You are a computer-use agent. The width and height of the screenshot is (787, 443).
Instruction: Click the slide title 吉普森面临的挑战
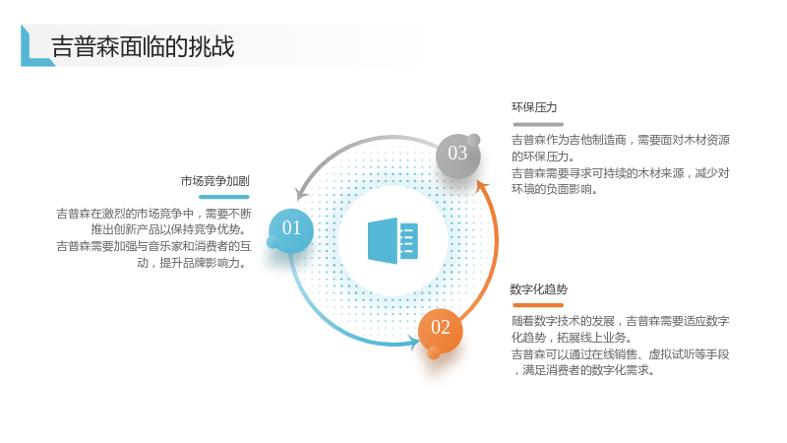coord(143,46)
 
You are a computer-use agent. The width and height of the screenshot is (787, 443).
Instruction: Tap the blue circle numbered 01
coord(291,231)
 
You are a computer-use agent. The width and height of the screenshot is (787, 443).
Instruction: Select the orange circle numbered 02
coord(440,331)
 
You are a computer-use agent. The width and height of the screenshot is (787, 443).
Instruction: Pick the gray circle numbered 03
coord(457,156)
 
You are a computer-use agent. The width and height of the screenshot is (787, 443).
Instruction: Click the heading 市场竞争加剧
coord(214,181)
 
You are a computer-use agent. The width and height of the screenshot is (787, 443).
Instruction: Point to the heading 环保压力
coord(534,107)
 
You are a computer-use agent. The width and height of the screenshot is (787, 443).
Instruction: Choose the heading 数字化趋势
coord(538,289)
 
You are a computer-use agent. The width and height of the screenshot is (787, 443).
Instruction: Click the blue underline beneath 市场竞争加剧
coord(224,197)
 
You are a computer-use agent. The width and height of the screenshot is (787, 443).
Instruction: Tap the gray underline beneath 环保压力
coord(538,124)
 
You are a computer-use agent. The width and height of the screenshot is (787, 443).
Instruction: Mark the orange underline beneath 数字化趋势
coord(538,305)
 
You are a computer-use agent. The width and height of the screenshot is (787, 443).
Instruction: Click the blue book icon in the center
coord(393,240)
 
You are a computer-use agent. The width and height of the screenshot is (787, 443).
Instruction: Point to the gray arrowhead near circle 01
coord(301,193)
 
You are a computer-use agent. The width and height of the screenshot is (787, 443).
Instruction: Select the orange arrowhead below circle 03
coord(482,186)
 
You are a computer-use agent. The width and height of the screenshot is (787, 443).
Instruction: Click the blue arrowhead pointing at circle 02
coord(416,343)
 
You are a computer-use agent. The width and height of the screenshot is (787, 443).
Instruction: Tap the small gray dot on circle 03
coord(473,140)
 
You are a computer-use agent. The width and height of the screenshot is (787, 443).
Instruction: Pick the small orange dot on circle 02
coord(434,352)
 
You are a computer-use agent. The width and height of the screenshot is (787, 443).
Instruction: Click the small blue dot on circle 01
coord(273,242)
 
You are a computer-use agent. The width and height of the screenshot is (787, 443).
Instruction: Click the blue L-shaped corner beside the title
coord(35,46)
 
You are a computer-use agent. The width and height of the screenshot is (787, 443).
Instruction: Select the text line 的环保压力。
coord(543,157)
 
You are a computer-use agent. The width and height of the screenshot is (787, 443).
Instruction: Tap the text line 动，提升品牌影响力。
coord(192,263)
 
